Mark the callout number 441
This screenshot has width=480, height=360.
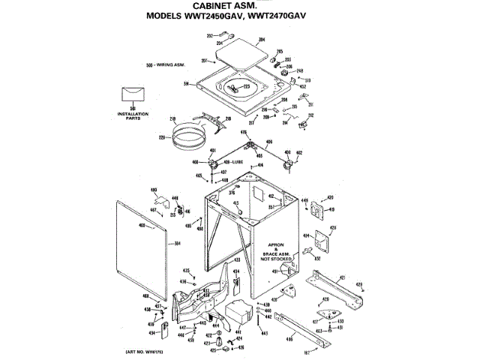239,330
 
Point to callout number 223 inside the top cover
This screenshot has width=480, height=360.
247,88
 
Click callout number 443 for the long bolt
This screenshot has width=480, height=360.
264,332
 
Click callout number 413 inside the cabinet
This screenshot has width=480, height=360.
235,203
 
